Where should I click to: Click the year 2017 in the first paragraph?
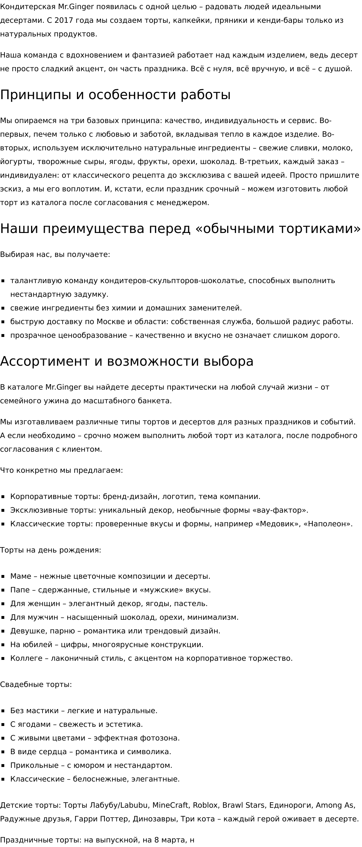coord(64,21)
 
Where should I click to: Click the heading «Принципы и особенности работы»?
coord(115,95)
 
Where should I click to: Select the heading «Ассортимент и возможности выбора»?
coord(127,361)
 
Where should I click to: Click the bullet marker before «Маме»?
coord(3,576)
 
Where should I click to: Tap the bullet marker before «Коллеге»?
coord(3,658)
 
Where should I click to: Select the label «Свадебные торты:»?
coord(36,685)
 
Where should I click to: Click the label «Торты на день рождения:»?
coord(50,550)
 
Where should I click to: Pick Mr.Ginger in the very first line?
coord(76,7)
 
